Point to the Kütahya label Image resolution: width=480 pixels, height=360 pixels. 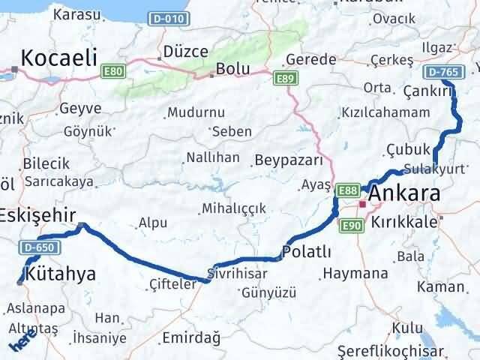pyautogui.click(x=61, y=274)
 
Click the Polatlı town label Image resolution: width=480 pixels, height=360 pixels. pyautogui.click(x=307, y=250)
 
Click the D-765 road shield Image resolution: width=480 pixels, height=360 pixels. pyautogui.click(x=441, y=72)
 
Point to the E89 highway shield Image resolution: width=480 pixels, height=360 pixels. pyautogui.click(x=283, y=78)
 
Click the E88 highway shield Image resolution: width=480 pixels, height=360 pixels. pyautogui.click(x=346, y=191)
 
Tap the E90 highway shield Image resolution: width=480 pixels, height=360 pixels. pyautogui.click(x=352, y=225)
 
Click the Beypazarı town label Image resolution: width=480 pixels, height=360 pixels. pyautogui.click(x=289, y=160)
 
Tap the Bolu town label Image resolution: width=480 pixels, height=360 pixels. pyautogui.click(x=232, y=69)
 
